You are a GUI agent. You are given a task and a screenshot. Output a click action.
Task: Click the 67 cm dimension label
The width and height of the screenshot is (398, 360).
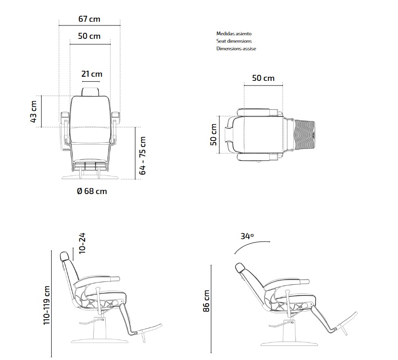click(90, 19)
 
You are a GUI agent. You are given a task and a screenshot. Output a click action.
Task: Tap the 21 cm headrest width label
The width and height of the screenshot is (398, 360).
click(91, 74)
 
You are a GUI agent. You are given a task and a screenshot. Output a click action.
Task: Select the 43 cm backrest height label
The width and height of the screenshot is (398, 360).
click(34, 111)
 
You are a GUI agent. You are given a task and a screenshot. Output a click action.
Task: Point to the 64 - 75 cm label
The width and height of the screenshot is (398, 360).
click(143, 155)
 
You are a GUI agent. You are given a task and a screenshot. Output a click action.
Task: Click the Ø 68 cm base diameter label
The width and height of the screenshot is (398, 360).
click(91, 191)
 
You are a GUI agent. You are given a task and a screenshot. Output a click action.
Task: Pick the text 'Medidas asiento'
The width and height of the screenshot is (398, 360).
click(234, 34)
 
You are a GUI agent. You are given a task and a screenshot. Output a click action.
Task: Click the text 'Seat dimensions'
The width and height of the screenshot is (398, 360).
click(234, 41)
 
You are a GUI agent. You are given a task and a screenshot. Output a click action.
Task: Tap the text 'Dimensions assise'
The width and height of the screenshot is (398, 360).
click(236, 49)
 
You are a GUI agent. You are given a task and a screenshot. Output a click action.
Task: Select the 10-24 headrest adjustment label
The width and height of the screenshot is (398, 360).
click(82, 243)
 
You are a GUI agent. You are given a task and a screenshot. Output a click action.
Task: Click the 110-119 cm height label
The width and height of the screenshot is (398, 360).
click(47, 305)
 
